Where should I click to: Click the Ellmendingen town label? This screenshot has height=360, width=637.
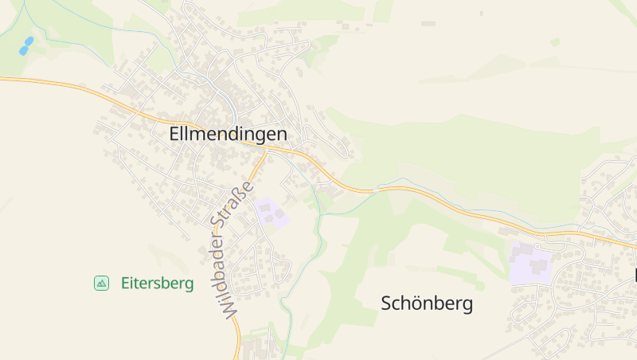click(228, 135)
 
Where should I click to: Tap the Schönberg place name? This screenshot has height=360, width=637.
click(427, 303)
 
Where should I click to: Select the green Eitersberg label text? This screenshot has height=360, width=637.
click(157, 283)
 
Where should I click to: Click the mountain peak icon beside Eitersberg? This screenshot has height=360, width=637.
click(101, 283)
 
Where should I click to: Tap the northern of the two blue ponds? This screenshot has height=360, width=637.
click(29, 40)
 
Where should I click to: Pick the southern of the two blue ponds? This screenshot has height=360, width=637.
click(23, 50)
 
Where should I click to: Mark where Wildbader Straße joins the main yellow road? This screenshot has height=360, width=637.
click(266, 149)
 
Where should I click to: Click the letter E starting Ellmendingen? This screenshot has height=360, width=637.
click(174, 135)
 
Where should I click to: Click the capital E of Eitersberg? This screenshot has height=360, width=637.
click(125, 283)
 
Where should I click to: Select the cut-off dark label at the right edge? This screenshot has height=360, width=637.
click(635, 276)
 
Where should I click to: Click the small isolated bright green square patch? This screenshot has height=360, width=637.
click(555, 42)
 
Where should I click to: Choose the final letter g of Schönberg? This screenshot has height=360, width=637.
click(468, 305)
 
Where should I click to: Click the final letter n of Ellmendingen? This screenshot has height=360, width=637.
click(282, 135)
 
